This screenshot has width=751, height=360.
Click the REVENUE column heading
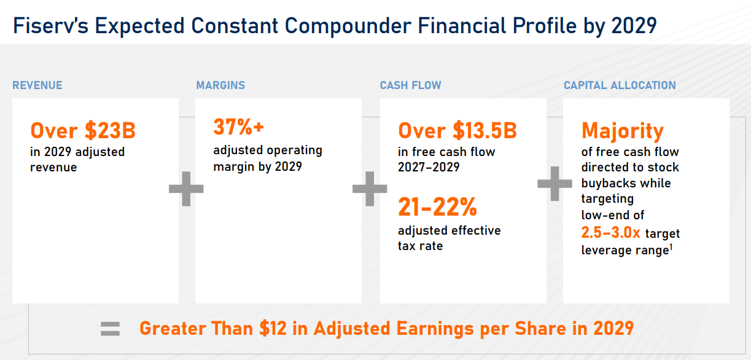tap(37, 85)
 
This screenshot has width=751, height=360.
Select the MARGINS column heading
tap(220, 85)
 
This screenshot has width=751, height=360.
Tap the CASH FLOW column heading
tap(410, 85)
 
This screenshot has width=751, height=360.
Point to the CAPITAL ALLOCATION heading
tap(620, 85)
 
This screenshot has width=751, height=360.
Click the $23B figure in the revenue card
tap(110, 130)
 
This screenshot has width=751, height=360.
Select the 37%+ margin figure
tap(239, 127)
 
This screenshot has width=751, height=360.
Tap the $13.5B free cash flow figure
tap(484, 130)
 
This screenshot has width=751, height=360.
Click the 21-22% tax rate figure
tap(438, 206)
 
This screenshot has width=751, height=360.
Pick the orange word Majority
tap(623, 131)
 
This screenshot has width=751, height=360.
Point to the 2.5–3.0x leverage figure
tap(610, 232)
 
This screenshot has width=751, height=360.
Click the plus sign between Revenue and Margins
tap(186, 189)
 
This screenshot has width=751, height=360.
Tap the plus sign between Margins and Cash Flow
tap(370, 189)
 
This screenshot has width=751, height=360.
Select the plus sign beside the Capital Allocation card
tap(554, 184)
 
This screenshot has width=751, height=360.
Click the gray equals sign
tap(110, 329)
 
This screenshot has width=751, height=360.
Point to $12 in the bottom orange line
tap(273, 329)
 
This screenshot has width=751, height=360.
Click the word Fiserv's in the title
tap(50, 26)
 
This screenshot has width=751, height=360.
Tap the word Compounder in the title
tap(348, 26)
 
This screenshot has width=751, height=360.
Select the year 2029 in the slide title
tap(634, 26)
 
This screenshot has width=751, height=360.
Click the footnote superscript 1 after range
tap(671, 248)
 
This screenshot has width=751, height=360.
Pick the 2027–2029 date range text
tap(429, 167)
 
